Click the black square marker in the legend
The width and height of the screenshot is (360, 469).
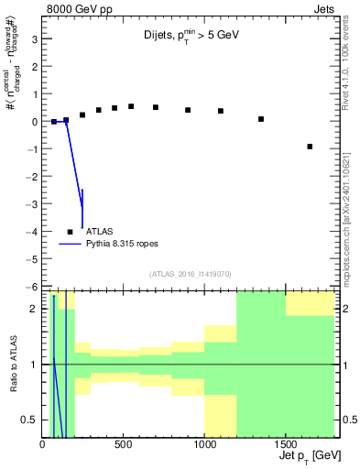pyautogui.click(x=71, y=232)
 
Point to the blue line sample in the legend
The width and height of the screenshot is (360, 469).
pyautogui.click(x=71, y=245)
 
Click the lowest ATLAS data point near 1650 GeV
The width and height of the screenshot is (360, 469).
pyautogui.click(x=310, y=147)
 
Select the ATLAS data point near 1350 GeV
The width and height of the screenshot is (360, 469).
pyautogui.click(x=261, y=119)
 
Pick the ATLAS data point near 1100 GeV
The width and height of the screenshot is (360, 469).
pyautogui.click(x=221, y=111)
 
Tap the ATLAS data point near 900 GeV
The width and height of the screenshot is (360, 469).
pyautogui.click(x=188, y=110)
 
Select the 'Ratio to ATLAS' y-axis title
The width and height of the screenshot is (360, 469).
pyautogui.click(x=12, y=365)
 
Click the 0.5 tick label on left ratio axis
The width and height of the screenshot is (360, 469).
pyautogui.click(x=29, y=420)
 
